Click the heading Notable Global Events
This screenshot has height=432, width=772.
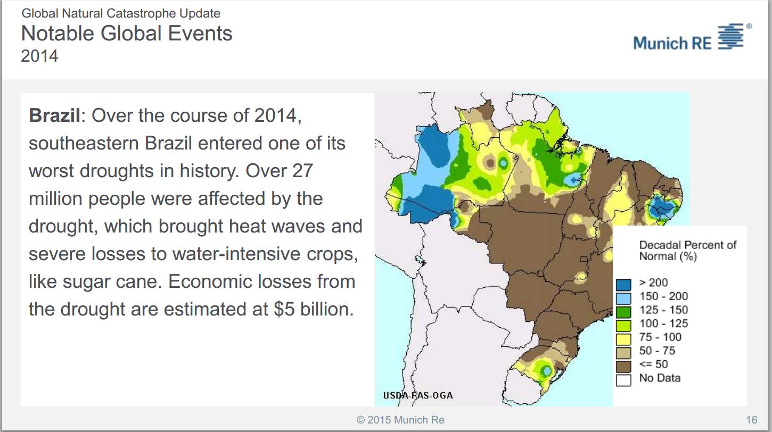(x=127, y=34)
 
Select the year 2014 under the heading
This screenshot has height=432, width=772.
(x=39, y=56)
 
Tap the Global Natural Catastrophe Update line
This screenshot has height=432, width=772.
(x=121, y=13)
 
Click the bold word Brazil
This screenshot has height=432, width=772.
(x=54, y=115)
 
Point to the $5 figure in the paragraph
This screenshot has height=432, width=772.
(x=285, y=309)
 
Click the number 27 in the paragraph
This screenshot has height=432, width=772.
(x=302, y=171)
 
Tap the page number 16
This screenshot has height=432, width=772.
(x=751, y=420)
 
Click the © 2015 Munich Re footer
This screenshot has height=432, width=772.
(x=400, y=420)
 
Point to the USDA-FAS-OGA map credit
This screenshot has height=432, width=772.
(x=418, y=395)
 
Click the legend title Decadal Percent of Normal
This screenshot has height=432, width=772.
(x=687, y=250)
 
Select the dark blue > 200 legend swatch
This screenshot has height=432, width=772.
(x=623, y=285)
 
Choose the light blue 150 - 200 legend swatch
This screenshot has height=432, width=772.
(x=623, y=298)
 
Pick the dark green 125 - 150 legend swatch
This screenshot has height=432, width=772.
(x=623, y=312)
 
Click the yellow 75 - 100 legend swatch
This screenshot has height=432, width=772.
(x=623, y=339)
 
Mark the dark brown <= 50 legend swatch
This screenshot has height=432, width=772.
(x=623, y=367)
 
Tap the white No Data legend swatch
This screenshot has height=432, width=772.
(x=623, y=380)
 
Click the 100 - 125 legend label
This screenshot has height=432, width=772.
(x=663, y=323)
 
